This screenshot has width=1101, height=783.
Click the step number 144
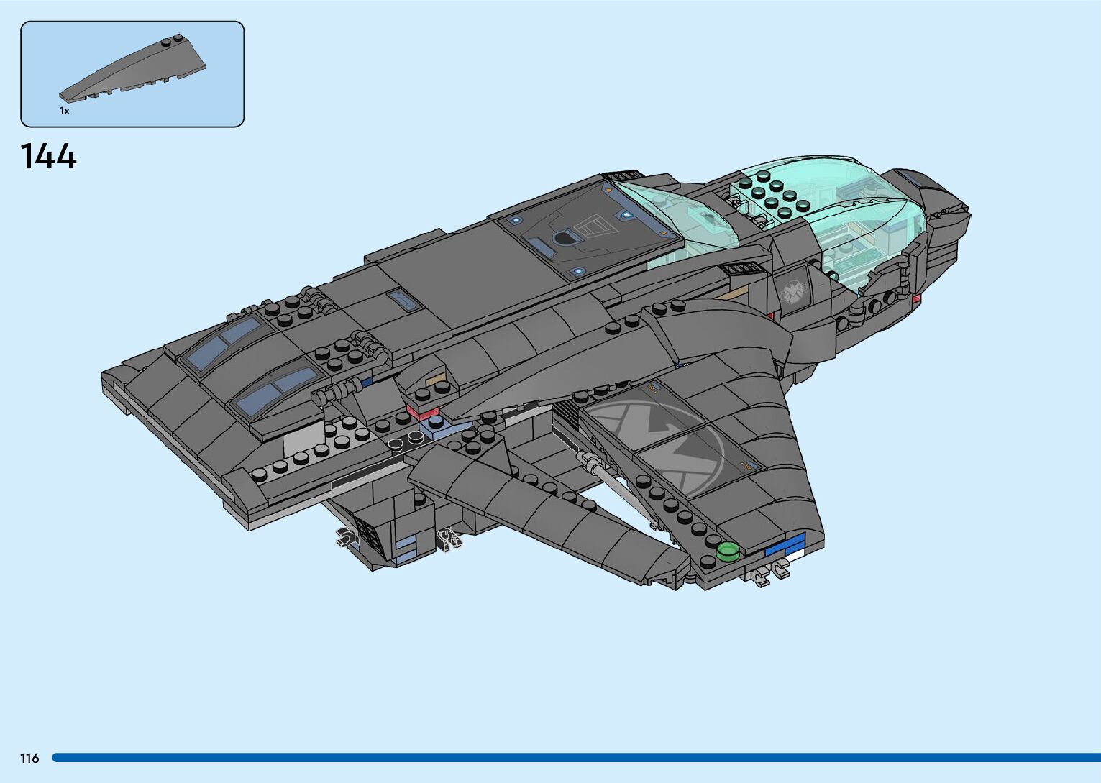pos(48,156)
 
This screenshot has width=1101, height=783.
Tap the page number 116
pos(29,758)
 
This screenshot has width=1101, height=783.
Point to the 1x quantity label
pos(65,111)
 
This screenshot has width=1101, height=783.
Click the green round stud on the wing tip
pos(728,551)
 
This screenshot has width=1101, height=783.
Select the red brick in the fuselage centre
pos(423,412)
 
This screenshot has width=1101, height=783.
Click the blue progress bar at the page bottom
pos(575,758)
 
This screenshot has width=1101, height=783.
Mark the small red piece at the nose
pos(916,299)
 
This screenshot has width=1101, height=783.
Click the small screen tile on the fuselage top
pos(403,300)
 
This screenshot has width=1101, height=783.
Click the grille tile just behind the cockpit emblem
pos(744,269)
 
